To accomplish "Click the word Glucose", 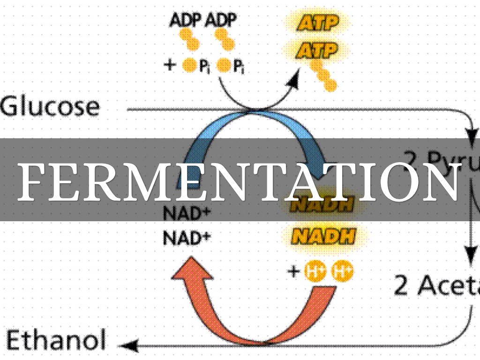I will pos(50,107).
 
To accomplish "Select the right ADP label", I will pos(220,21).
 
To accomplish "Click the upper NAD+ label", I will pos(186,213).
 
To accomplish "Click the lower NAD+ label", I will pos(186,238).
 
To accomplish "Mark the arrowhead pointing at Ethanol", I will pos(127,346).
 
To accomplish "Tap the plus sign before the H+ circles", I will pos(293,271).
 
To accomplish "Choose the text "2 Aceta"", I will pos(436,285).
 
